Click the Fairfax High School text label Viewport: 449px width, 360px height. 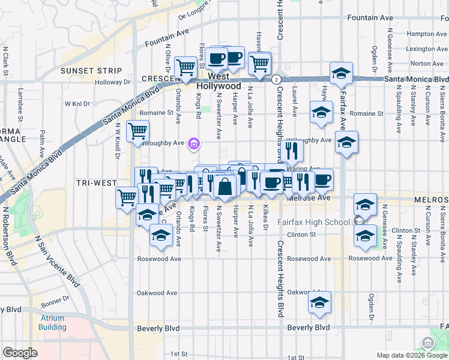[313, 222]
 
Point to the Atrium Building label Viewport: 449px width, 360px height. [53, 323]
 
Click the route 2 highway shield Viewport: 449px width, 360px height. [276, 79]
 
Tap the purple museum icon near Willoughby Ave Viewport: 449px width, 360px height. [194, 143]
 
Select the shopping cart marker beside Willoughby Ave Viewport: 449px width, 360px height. [138, 130]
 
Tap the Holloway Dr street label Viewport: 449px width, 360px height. [112, 82]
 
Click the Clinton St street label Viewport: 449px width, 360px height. [301, 235]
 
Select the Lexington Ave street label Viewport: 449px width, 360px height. [426, 49]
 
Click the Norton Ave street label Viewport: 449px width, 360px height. [427, 63]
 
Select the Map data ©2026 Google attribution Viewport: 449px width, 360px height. [411, 355]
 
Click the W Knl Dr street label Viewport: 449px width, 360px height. [77, 103]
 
